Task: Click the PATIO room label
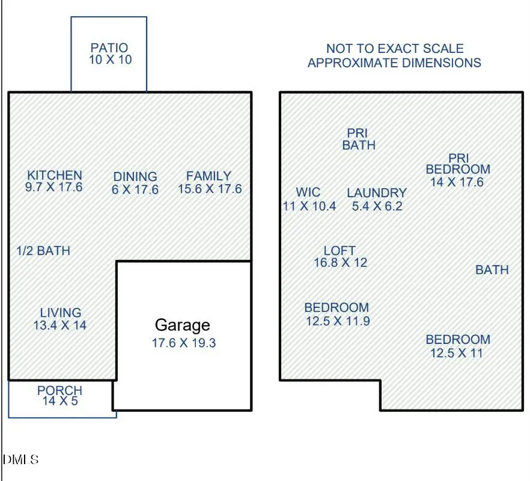tap(109, 47)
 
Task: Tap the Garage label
tap(183, 325)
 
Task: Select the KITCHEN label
tap(55, 176)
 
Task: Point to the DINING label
tap(135, 177)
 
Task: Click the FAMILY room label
tap(209, 176)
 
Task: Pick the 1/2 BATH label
tap(43, 251)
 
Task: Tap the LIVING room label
tap(61, 313)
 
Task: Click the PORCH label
tap(59, 391)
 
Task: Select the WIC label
tap(308, 192)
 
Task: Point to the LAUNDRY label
tap(377, 193)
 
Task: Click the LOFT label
tap(340, 250)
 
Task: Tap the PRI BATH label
tap(358, 139)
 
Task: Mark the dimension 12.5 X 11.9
tap(338, 321)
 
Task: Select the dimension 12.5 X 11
tap(457, 353)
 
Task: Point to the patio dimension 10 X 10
tap(110, 60)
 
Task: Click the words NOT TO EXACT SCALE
tap(395, 48)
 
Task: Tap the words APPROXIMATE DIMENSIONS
tap(394, 63)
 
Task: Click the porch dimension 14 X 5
tap(59, 400)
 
